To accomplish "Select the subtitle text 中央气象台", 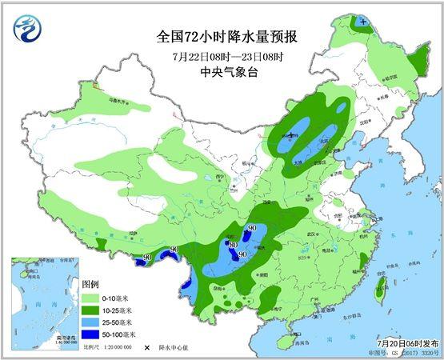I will [x=222, y=72].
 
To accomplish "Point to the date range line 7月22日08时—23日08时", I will [x=222, y=56].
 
